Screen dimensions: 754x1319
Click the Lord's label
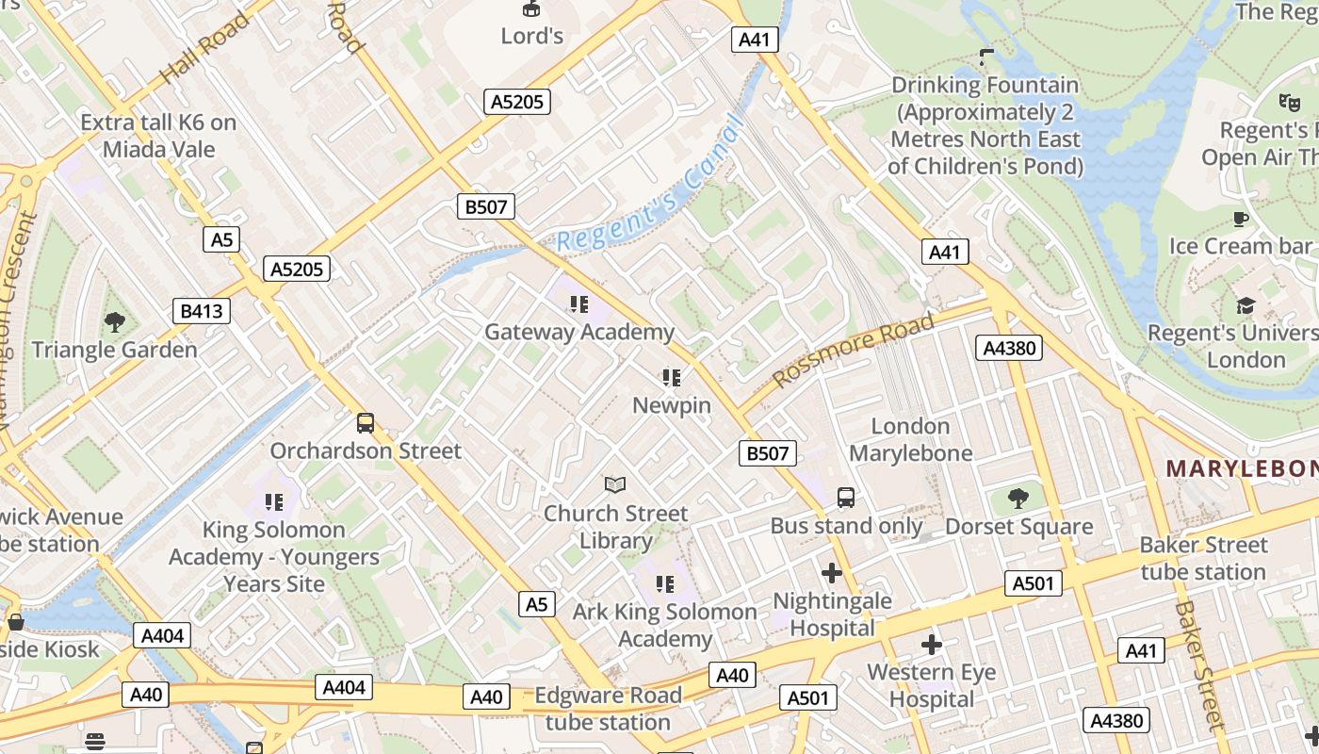click(532, 36)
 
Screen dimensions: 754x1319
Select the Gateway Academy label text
click(578, 332)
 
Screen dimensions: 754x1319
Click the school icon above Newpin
click(671, 378)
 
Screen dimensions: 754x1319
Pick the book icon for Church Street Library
click(615, 484)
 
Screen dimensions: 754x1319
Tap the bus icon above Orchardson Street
click(366, 423)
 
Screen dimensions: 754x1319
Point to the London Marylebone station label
click(910, 439)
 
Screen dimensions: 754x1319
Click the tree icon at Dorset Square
click(1018, 498)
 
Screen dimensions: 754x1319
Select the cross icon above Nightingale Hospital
click(832, 572)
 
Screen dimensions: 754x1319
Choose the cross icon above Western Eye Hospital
click(932, 644)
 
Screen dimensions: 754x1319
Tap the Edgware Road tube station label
click(608, 709)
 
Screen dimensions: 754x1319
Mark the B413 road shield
click(202, 311)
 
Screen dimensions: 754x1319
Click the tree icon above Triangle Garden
click(115, 322)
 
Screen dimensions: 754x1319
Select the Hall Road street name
click(204, 47)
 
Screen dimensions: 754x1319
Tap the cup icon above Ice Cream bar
click(1241, 219)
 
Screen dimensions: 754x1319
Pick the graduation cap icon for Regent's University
click(1246, 305)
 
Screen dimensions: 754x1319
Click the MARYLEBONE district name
click(1242, 468)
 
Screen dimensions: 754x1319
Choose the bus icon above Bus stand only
click(846, 497)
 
